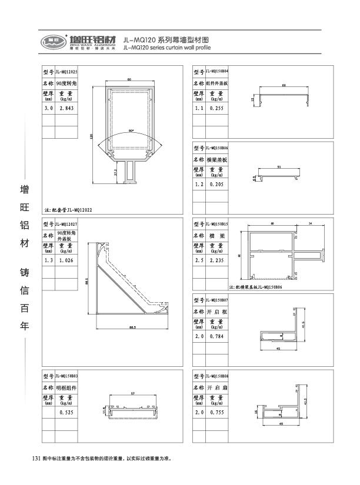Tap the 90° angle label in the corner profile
(130, 131)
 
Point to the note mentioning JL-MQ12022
(68, 209)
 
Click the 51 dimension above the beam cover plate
(279, 168)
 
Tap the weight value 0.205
(216, 184)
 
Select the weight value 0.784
(216, 336)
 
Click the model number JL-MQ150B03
(66, 376)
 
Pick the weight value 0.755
(216, 413)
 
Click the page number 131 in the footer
(35, 458)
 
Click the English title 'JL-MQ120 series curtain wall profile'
(168, 46)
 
